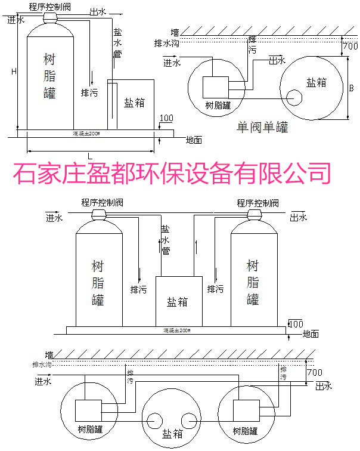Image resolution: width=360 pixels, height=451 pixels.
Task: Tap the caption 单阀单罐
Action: pos(262,127)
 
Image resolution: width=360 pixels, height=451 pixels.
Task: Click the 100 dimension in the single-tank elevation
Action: pos(167,118)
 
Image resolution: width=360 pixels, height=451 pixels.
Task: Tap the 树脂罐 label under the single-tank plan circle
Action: pos(218,106)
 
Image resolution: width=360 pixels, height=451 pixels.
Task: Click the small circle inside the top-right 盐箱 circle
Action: pos(293,97)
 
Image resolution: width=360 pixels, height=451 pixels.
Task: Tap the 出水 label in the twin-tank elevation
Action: pos(299,217)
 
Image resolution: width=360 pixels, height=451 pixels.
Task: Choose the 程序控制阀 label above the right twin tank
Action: pos(257,203)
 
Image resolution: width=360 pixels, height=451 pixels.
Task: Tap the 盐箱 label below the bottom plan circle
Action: pos(173,434)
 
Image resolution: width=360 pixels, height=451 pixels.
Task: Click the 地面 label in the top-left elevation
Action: pos(194,140)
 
